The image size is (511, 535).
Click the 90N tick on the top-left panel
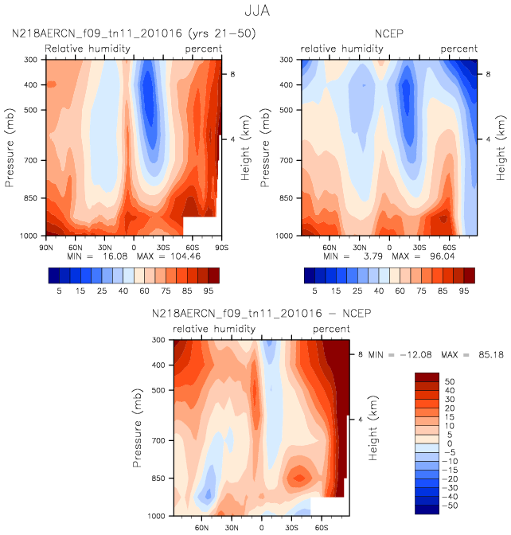tap(47, 247)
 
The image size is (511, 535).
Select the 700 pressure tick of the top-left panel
tap(33, 161)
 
